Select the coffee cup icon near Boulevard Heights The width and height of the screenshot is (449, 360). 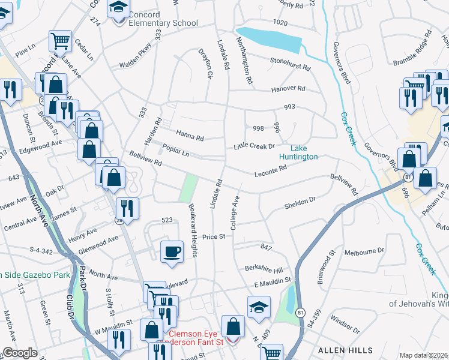tap(172, 251)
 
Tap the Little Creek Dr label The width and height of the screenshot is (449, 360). tap(255, 146)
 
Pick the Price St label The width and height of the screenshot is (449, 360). tap(213, 237)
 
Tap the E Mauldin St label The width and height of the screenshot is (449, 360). tap(272, 280)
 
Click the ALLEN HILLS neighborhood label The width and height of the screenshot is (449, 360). tap(339, 350)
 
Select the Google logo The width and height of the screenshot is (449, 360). tap(20, 353)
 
